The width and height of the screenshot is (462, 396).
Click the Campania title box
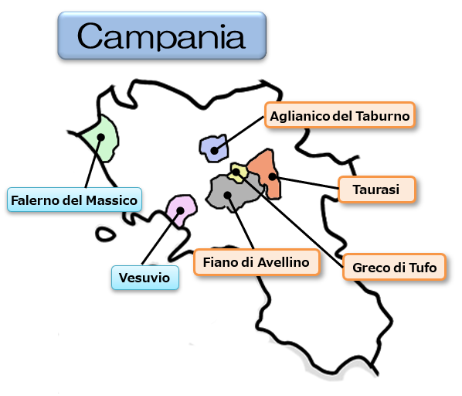(x=162, y=36)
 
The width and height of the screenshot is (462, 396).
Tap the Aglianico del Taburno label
(x=340, y=115)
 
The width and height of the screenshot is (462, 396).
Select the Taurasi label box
(x=376, y=189)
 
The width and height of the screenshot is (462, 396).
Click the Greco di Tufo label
(x=394, y=267)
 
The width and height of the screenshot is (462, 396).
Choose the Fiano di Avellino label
(x=256, y=262)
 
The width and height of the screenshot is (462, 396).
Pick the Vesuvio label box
(x=145, y=278)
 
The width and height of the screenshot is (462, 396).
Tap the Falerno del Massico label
(x=74, y=200)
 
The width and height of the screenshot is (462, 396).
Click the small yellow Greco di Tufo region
(x=238, y=172)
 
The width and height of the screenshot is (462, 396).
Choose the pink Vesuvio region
(x=182, y=210)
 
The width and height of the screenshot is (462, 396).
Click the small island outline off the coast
(x=105, y=234)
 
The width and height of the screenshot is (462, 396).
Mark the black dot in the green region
(x=100, y=137)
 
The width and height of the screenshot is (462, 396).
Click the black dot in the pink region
(x=180, y=210)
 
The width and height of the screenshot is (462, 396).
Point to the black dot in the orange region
(x=273, y=176)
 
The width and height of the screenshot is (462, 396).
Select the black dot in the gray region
(x=227, y=195)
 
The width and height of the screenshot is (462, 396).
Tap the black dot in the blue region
(x=215, y=151)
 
